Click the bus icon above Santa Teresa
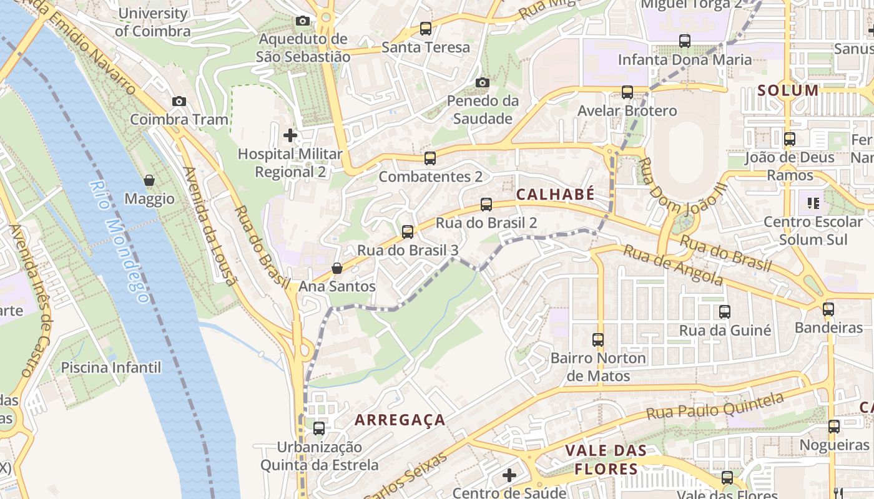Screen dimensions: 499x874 (x=426, y=28)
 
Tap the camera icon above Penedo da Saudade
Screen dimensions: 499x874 (x=482, y=82)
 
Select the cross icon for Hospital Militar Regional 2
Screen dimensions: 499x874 (x=290, y=135)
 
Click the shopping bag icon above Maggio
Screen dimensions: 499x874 (x=149, y=180)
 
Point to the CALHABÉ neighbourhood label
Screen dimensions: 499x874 (x=555, y=195)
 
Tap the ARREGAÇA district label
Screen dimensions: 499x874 (x=400, y=420)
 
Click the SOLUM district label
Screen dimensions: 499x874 (x=788, y=90)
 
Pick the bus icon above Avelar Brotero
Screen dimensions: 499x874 (x=627, y=92)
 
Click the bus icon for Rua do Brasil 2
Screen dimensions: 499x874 (x=486, y=204)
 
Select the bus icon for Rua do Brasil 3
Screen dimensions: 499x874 (x=408, y=232)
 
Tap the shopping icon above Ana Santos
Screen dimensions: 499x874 (x=337, y=268)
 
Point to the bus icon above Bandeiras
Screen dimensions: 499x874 (x=828, y=309)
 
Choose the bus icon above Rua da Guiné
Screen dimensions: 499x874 (x=725, y=311)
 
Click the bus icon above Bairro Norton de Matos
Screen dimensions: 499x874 (x=598, y=340)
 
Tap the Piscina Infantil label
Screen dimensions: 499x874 (x=110, y=367)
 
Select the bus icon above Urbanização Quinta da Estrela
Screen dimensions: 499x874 (x=319, y=429)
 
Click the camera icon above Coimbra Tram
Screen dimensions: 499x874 (x=179, y=101)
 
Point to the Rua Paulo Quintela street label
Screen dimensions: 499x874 (x=714, y=406)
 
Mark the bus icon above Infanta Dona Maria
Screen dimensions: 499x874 (x=685, y=41)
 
